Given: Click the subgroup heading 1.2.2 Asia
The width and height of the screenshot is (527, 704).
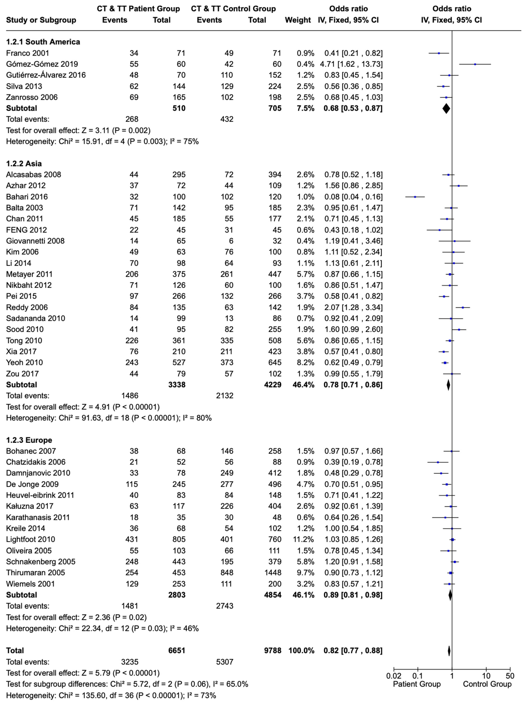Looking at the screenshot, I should click(x=24, y=164).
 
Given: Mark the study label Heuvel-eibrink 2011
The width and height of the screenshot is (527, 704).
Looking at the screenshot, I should click(x=40, y=495).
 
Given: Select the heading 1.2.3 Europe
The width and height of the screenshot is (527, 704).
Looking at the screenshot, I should click(x=29, y=440).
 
